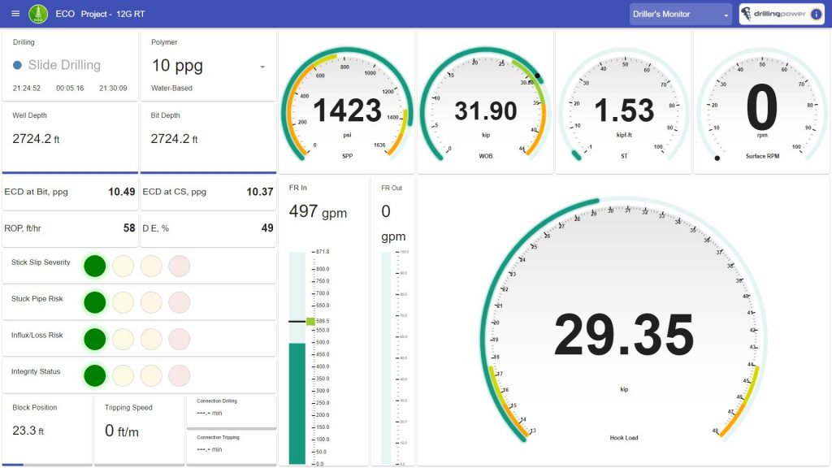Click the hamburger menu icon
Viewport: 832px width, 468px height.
[15, 14]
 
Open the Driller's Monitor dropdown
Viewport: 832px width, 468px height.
[681, 14]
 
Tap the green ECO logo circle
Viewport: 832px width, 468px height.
[38, 14]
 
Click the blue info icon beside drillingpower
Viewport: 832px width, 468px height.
[816, 14]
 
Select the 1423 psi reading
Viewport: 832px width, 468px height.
[347, 110]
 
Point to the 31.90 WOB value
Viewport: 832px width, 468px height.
[485, 110]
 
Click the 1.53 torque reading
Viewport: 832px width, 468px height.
[623, 110]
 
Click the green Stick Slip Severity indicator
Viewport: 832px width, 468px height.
[95, 266]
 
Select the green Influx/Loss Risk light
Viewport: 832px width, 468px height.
[95, 339]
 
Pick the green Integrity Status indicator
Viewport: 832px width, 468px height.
[95, 375]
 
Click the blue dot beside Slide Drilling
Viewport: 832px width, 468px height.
[17, 65]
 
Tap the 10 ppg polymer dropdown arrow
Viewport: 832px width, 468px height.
[262, 67]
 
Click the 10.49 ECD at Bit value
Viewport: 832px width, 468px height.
[122, 192]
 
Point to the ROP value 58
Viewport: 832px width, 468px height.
[129, 228]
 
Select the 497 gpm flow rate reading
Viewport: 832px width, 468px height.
[318, 212]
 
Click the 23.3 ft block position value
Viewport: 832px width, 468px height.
[28, 431]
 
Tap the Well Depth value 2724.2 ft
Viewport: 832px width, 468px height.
[36, 139]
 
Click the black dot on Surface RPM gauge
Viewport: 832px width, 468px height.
[717, 158]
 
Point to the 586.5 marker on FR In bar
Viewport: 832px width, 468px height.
[310, 321]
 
